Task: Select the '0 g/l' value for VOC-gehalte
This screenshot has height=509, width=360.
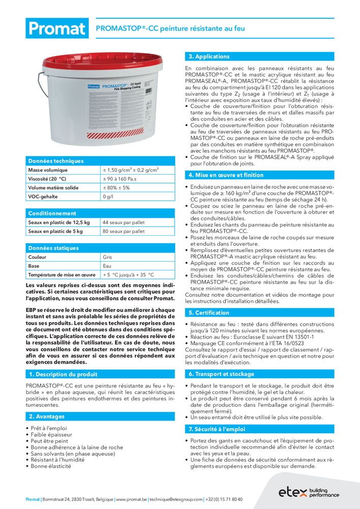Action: coord(107,196)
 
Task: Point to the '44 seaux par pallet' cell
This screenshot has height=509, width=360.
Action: coord(124,222)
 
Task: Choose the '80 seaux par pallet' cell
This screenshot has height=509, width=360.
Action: coord(124,231)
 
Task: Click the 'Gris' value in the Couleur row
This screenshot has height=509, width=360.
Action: coord(107,257)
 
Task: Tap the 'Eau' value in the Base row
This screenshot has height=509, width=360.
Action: coord(107,266)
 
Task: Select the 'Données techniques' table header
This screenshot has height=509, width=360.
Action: coord(56,161)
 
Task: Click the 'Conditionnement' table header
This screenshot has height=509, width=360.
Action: coord(52,213)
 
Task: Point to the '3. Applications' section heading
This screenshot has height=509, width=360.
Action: coord(209,56)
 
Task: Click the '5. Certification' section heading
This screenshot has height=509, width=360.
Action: coord(208,313)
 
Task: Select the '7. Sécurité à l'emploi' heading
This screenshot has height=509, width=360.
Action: coord(217,429)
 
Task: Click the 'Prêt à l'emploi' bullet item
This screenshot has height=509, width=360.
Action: coord(48,429)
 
